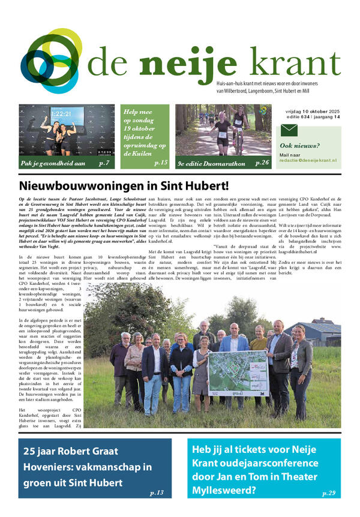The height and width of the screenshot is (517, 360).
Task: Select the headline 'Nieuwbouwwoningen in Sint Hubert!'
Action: click(124, 186)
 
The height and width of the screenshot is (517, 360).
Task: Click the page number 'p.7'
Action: click(104, 163)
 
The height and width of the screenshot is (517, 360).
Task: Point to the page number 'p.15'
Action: click(160, 163)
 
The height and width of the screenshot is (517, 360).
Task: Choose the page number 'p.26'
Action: click(262, 163)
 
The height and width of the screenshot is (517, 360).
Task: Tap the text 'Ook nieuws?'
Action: click(300, 146)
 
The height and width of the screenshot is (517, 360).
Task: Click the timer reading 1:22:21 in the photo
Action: click(61, 113)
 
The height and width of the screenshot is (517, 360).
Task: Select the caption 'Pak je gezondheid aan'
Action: click(52, 163)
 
